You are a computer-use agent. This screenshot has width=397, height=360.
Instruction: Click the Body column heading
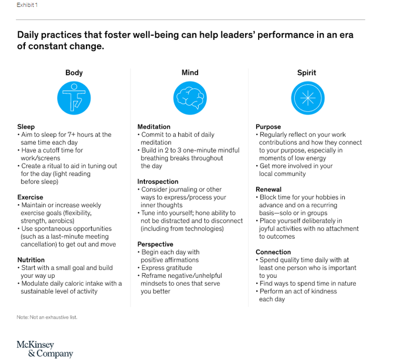click(74, 73)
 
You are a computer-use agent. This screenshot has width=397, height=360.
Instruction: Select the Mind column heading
click(190, 73)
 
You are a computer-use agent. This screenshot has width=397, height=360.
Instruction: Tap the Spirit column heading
click(307, 73)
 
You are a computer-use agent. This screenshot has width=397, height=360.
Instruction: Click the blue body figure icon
click(74, 98)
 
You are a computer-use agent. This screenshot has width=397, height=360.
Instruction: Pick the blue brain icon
click(190, 98)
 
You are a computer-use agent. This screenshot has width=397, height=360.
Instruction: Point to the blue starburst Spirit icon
click(307, 98)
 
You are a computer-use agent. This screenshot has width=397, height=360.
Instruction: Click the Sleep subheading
click(26, 127)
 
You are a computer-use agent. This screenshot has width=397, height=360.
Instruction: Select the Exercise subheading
click(30, 197)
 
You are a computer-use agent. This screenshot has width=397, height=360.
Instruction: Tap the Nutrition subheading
click(31, 260)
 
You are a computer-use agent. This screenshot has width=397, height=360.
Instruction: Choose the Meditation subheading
click(154, 127)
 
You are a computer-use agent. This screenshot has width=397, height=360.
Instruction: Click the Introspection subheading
click(158, 181)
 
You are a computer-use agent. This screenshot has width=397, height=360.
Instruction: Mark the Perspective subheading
click(155, 244)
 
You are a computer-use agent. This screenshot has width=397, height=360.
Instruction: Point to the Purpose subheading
click(268, 127)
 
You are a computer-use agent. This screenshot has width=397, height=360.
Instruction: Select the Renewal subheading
click(268, 189)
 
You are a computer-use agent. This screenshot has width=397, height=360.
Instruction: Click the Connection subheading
click(273, 252)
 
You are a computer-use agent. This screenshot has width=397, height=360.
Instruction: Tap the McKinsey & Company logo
click(45, 349)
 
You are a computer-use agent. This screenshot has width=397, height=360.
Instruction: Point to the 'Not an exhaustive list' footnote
click(47, 317)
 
